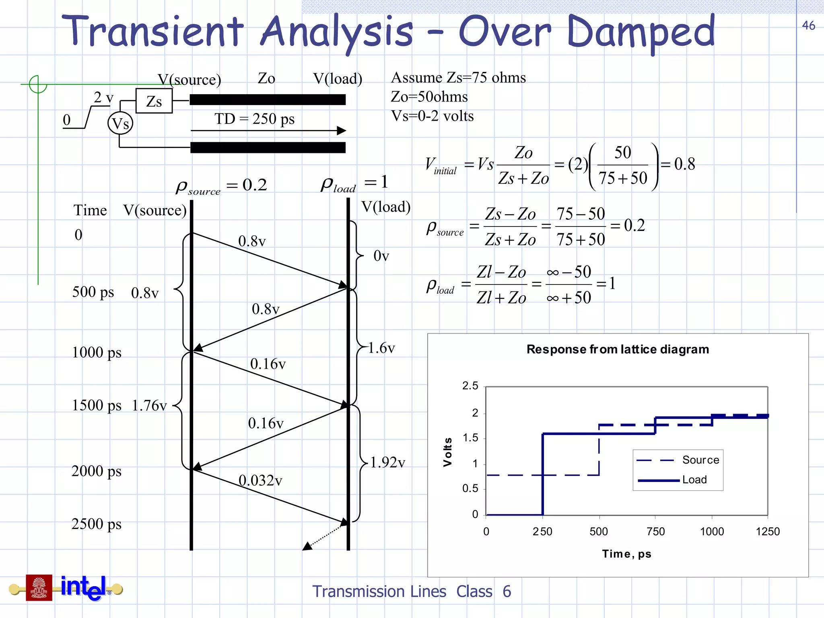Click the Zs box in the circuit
click(x=154, y=101)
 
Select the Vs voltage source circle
click(x=120, y=123)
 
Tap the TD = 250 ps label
click(x=254, y=119)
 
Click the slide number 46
click(x=808, y=26)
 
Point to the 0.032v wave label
click(x=260, y=480)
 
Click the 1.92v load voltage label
click(x=387, y=463)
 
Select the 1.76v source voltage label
click(x=149, y=406)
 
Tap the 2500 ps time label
click(x=97, y=524)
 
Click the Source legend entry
click(x=700, y=460)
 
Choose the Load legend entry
click(x=694, y=480)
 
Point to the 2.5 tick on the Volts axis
click(x=470, y=386)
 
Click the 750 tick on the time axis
click(x=655, y=531)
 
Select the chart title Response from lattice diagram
click(x=618, y=349)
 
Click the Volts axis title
click(x=447, y=452)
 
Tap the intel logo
click(x=84, y=587)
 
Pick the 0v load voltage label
click(x=381, y=256)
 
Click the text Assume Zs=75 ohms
click(x=458, y=77)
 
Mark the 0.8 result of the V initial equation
click(x=684, y=164)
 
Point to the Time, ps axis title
click(x=626, y=554)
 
